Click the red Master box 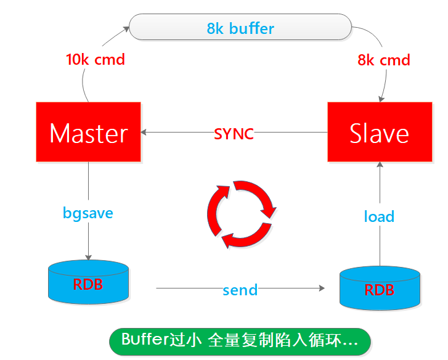click(x=88, y=133)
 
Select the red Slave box click(x=379, y=133)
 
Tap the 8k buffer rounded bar click(x=240, y=28)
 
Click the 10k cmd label click(x=96, y=60)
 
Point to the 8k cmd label click(x=383, y=60)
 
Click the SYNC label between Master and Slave click(x=234, y=133)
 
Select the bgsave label click(x=88, y=213)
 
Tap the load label click(x=379, y=216)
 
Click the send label click(x=240, y=288)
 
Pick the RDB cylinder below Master click(x=88, y=282)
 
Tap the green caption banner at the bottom click(x=240, y=340)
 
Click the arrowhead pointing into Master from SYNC click(x=145, y=133)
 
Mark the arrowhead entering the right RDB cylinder click(x=322, y=288)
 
